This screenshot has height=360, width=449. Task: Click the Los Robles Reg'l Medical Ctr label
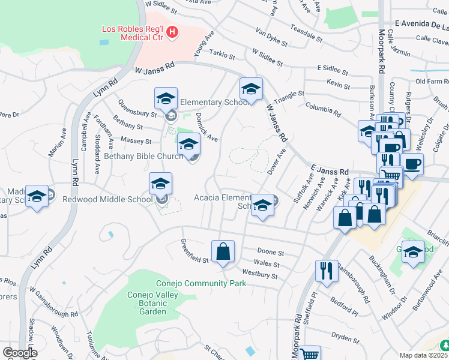(131, 35)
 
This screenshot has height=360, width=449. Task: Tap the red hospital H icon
(173, 32)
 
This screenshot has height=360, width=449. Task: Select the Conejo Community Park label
(201, 283)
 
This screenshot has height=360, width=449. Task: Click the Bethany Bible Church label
(143, 157)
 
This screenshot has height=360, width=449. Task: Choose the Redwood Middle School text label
(112, 199)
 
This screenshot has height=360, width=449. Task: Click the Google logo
(19, 353)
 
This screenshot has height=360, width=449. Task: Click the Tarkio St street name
(223, 55)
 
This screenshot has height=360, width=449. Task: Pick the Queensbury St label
(137, 108)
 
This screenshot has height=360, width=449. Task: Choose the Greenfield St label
(194, 251)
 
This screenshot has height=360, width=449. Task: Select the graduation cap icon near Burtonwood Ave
(413, 253)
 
